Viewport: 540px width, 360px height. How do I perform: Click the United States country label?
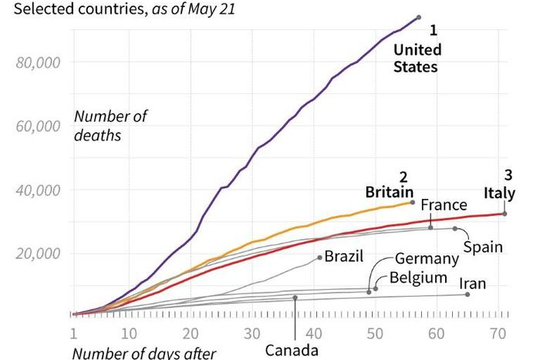tap(416, 59)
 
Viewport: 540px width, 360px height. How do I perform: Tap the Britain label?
tap(390, 192)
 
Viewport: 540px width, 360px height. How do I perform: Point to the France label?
tap(444, 205)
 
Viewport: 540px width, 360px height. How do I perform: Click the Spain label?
tap(483, 247)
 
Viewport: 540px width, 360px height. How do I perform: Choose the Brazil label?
tap(344, 255)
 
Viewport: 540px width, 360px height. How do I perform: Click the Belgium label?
tap(418, 277)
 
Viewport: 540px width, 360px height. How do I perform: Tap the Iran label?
tap(471, 284)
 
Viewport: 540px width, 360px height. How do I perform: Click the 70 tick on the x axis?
tap(498, 334)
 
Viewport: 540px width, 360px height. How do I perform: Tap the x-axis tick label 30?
tap(251, 334)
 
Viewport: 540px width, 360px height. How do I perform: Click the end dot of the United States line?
tap(418, 17)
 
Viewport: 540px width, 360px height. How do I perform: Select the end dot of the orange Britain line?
tap(413, 202)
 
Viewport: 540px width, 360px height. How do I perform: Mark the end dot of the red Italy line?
tap(505, 214)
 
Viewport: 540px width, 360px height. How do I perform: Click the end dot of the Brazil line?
tap(319, 257)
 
